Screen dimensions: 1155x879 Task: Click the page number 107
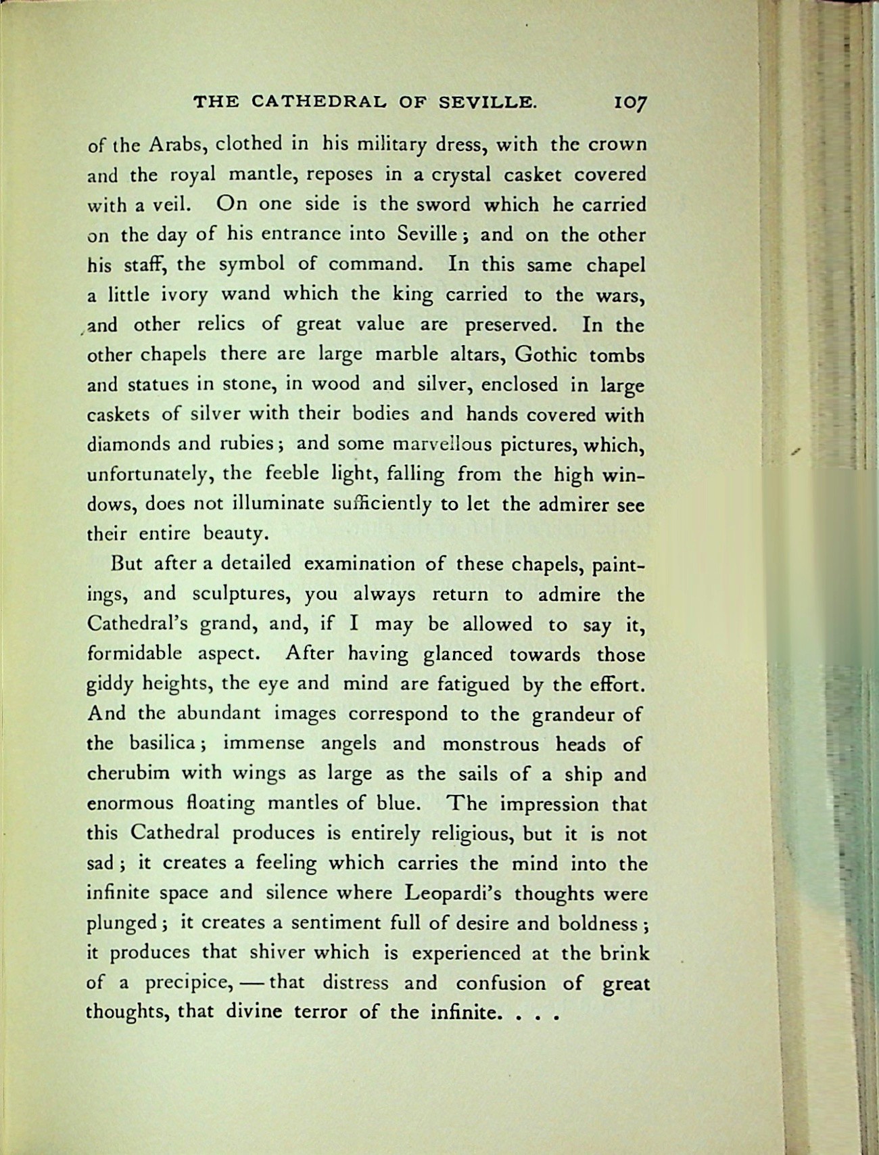[x=630, y=103]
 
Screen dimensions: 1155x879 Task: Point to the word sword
[x=443, y=204]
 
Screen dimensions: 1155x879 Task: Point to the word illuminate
[x=277, y=504]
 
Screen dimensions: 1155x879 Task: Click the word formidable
[x=135, y=654]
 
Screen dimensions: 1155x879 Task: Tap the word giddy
[x=111, y=685]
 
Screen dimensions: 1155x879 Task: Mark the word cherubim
[x=128, y=773]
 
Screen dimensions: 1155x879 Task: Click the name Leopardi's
[x=452, y=893]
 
